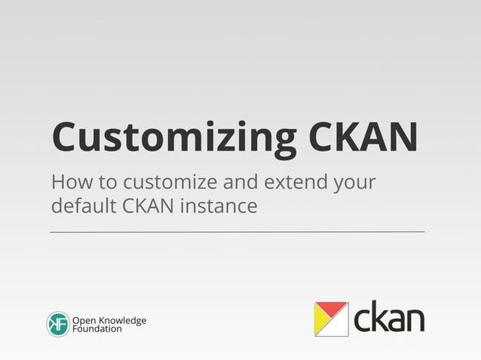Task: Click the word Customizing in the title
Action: (x=174, y=137)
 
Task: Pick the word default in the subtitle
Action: (x=79, y=204)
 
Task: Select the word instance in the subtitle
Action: (x=218, y=205)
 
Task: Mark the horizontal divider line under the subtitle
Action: (x=237, y=231)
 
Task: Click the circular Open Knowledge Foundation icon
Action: (x=58, y=324)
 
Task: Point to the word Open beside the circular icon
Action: (x=84, y=320)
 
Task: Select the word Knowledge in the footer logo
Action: (x=121, y=320)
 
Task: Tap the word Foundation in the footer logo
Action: (x=97, y=329)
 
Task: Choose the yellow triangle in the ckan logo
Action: (x=325, y=325)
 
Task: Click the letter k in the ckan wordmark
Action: (x=378, y=317)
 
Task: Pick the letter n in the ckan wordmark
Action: (x=414, y=320)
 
